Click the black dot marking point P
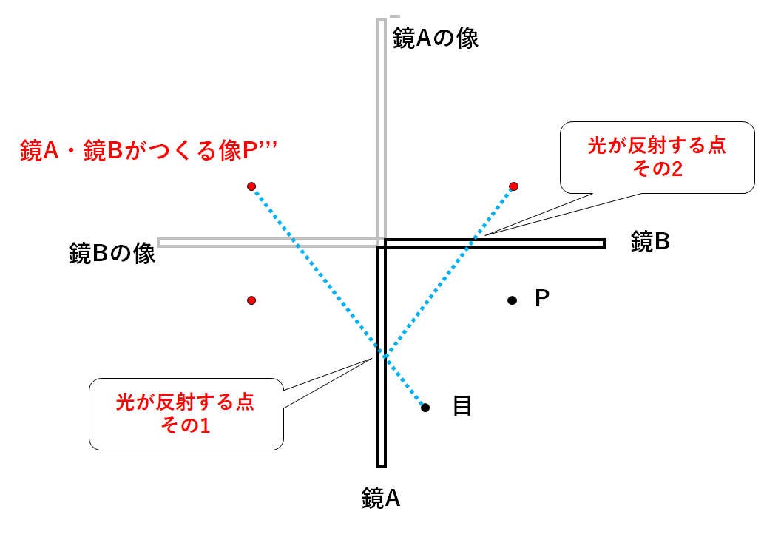[512, 300]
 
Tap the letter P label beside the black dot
[542, 298]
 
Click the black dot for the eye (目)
[425, 408]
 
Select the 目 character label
[462, 405]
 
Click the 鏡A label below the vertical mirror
[381, 499]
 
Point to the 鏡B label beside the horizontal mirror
[650, 242]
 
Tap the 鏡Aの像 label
[436, 38]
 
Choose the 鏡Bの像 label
[112, 254]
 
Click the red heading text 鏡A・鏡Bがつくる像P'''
[149, 150]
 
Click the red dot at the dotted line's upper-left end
[251, 186]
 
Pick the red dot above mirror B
[513, 186]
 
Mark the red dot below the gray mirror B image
[251, 300]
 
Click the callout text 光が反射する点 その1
[186, 414]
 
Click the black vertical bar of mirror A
[382, 357]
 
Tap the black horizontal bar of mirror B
[495, 243]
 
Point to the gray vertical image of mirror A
[382, 129]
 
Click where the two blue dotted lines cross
[382, 354]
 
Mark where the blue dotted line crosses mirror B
[469, 243]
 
